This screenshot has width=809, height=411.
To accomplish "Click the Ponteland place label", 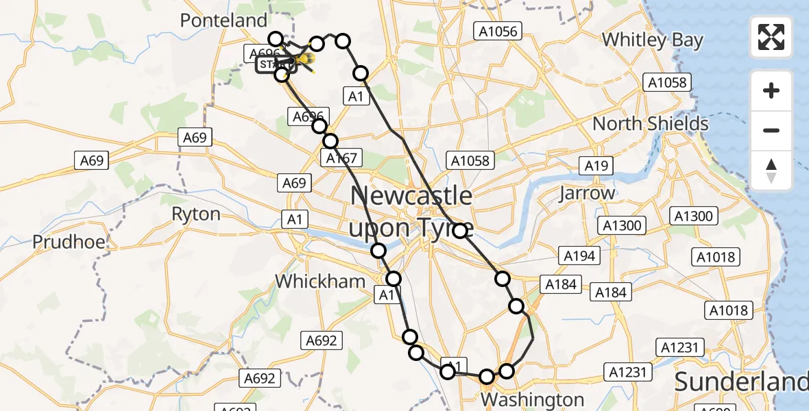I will pyautogui.click(x=224, y=21).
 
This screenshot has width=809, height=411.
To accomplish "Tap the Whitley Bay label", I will pyautogui.click(x=653, y=40).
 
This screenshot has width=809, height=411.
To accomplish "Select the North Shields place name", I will pyautogui.click(x=651, y=124).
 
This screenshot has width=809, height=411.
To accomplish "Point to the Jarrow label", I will pyautogui.click(x=587, y=193).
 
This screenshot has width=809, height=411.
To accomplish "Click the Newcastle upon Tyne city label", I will pyautogui.click(x=411, y=211).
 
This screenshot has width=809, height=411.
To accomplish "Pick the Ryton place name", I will pyautogui.click(x=196, y=214).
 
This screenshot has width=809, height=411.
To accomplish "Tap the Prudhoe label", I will pyautogui.click(x=68, y=242).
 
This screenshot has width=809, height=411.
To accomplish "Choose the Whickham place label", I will pyautogui.click(x=319, y=281).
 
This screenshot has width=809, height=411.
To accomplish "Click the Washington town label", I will pyautogui.click(x=533, y=399).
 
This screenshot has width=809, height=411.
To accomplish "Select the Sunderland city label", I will pyautogui.click(x=742, y=381).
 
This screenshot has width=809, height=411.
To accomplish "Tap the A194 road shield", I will pyautogui.click(x=581, y=256).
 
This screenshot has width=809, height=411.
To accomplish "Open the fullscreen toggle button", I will pyautogui.click(x=771, y=36).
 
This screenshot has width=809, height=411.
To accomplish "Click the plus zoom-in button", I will pyautogui.click(x=771, y=90).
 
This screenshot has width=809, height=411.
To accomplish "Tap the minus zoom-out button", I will pyautogui.click(x=771, y=130).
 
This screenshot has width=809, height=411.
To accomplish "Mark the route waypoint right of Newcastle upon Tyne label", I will pyautogui.click(x=460, y=230).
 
